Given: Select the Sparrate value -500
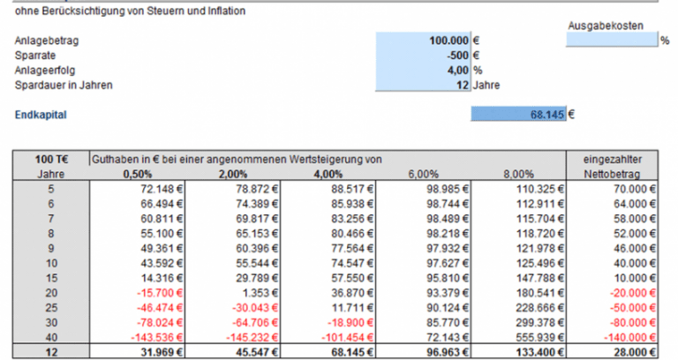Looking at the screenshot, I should tap(456, 56).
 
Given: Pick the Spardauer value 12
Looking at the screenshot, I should tap(462, 86).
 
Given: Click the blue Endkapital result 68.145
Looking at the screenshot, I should tap(547, 115).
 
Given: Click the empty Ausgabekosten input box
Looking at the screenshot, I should tap(611, 41).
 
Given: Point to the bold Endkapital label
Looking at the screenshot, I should tap(41, 115).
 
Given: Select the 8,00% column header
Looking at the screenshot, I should tap(518, 175).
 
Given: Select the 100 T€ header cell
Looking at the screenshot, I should tap(51, 159).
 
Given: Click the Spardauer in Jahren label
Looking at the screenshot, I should tap(64, 86).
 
